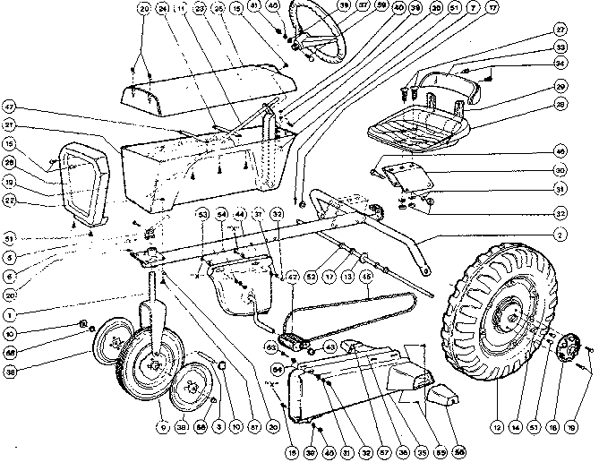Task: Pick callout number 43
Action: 331,346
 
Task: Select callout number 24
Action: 162,9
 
